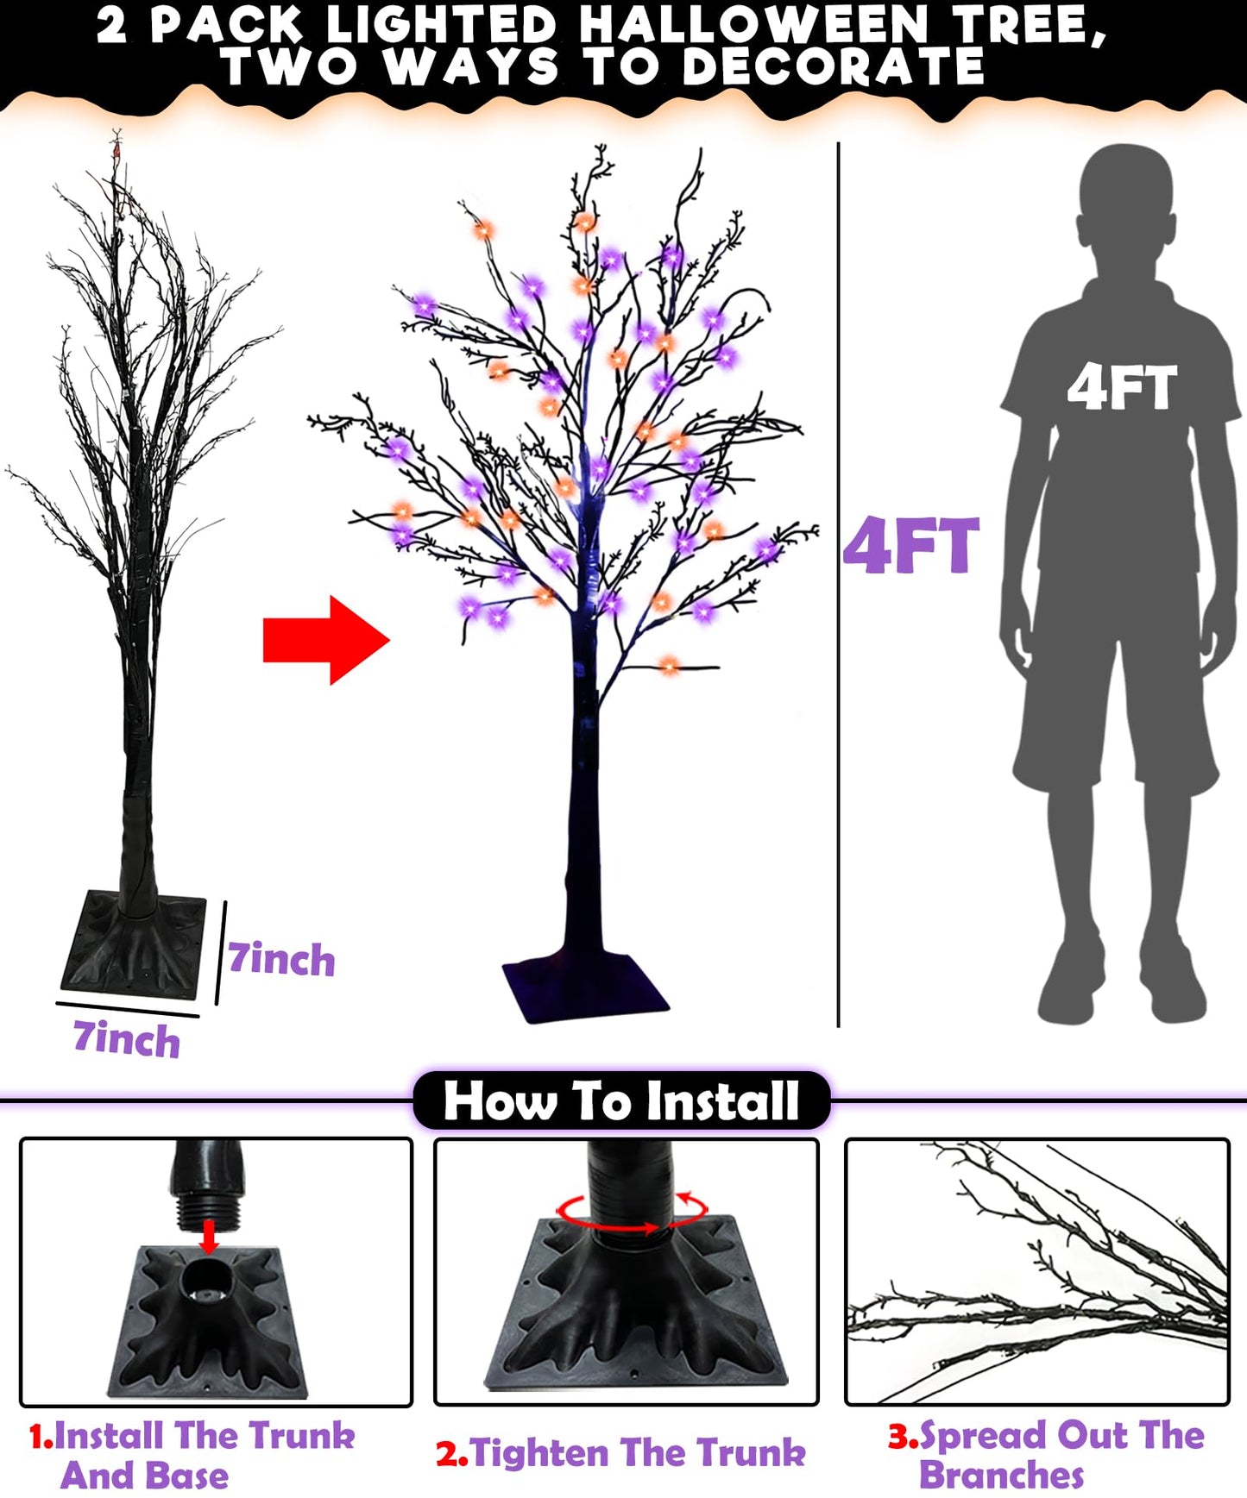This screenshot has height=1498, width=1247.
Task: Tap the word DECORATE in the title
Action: (x=833, y=66)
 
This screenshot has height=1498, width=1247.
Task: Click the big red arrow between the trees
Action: (x=326, y=641)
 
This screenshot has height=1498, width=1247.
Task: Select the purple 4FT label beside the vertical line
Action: (x=910, y=546)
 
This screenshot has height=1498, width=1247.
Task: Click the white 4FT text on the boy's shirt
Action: (x=1122, y=387)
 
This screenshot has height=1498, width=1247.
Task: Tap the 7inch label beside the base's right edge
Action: (x=281, y=959)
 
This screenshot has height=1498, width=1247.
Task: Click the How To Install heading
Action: (x=621, y=1101)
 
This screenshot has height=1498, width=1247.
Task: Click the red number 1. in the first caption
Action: (x=41, y=1437)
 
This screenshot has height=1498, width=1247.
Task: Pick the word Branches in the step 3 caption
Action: (x=1001, y=1475)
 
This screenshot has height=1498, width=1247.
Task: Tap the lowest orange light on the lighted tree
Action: (x=670, y=664)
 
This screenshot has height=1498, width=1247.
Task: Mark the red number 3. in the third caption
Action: (x=903, y=1436)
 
